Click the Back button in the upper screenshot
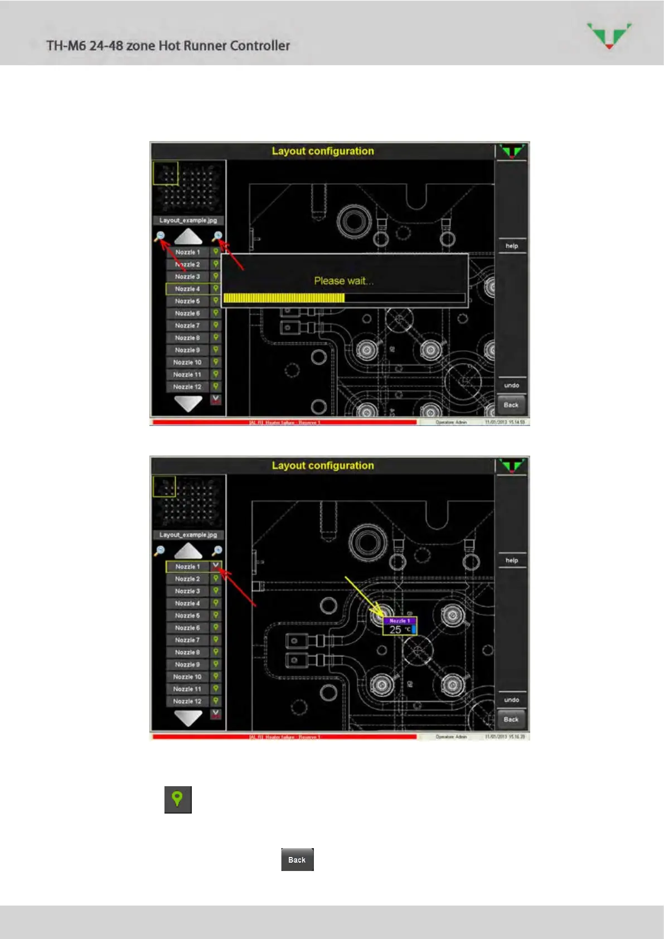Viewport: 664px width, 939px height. (x=511, y=405)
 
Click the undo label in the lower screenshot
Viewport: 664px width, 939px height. (x=511, y=700)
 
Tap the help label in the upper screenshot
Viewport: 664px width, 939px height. (x=511, y=246)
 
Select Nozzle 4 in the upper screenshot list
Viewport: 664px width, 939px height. (x=187, y=289)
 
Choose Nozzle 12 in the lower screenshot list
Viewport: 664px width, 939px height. (x=187, y=701)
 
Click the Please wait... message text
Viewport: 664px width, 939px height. (x=343, y=281)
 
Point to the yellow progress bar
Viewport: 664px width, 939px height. (x=284, y=298)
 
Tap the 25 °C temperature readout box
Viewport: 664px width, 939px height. (x=400, y=630)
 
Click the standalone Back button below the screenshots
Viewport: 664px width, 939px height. (x=297, y=860)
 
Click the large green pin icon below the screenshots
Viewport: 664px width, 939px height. (x=178, y=800)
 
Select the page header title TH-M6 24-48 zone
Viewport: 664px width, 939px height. (x=168, y=46)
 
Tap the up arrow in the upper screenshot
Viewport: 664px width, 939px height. (x=188, y=237)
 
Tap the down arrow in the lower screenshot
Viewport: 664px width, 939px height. (x=188, y=718)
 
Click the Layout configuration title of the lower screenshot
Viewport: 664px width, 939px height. (x=323, y=466)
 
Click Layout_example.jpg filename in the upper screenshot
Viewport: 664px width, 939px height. (x=188, y=220)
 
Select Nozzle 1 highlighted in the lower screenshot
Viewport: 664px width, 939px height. (x=187, y=567)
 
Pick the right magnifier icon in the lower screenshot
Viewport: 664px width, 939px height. (x=217, y=550)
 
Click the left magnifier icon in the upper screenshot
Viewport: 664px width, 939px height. (x=160, y=236)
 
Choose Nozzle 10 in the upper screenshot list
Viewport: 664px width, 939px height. (x=187, y=362)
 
